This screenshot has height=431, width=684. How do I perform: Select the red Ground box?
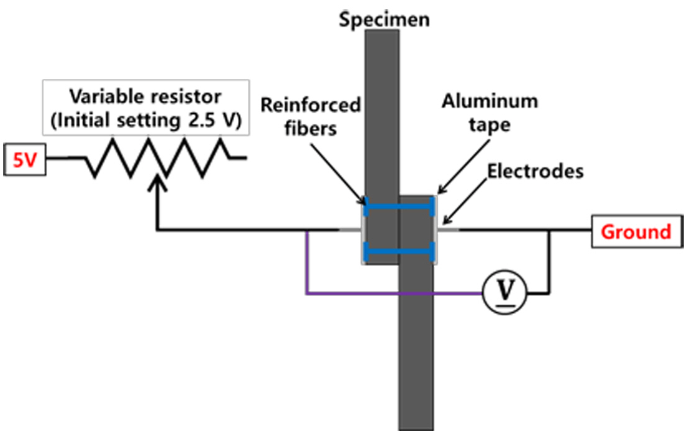636,232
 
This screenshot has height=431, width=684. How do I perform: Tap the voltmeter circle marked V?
504,292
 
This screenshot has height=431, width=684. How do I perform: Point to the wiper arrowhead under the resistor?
159,180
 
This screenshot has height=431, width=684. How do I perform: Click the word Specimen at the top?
384,19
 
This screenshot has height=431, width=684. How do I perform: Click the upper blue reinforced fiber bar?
398,205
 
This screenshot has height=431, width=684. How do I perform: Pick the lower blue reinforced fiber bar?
398,251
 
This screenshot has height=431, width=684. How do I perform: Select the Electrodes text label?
535,170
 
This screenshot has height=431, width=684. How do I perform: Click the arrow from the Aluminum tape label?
459,164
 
